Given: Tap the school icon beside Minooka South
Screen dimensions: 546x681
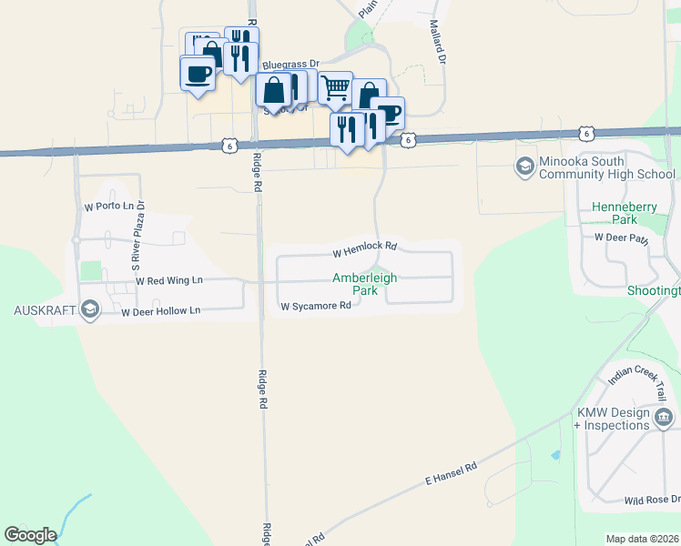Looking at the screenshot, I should [524, 167].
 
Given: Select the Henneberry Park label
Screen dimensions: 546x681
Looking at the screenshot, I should [624, 213].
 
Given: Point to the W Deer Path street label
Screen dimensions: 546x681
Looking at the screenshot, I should [622, 238].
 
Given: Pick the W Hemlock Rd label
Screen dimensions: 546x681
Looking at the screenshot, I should [365, 248].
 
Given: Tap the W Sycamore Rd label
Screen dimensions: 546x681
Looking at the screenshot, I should [315, 307].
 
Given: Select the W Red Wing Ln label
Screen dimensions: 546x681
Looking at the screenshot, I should [169, 281].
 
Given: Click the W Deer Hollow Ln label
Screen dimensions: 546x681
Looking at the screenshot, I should [160, 311].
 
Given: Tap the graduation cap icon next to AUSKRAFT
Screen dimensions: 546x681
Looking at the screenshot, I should [89, 310].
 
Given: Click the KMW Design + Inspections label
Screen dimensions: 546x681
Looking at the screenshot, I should [613, 419].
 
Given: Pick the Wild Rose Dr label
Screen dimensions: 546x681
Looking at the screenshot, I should [652, 500].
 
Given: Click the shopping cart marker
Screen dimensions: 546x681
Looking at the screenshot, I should [335, 87].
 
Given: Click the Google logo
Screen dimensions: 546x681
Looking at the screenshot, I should [30, 535].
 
